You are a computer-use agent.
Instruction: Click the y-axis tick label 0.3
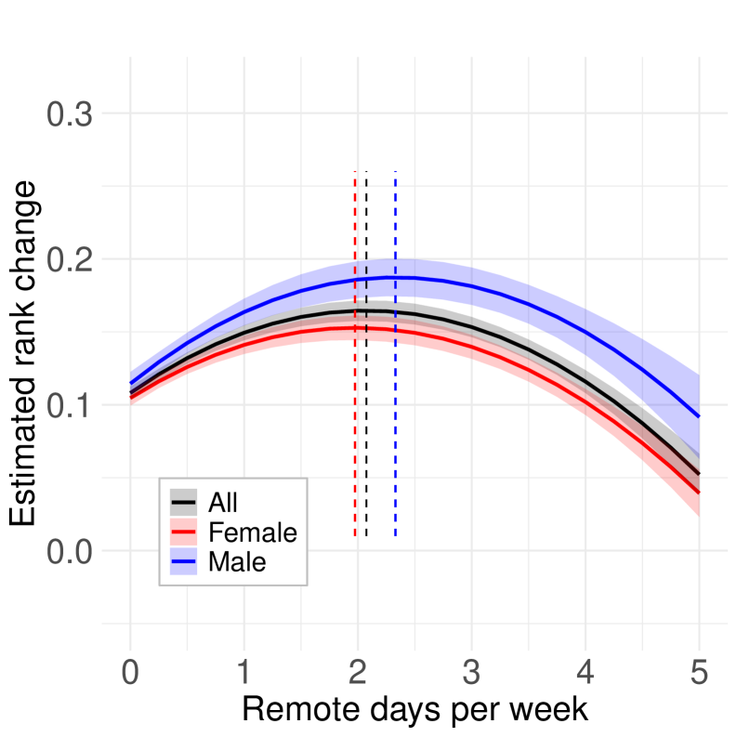pyautogui.click(x=70, y=115)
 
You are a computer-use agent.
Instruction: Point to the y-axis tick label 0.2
pyautogui.click(x=70, y=260)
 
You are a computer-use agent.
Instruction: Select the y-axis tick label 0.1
pyautogui.click(x=70, y=406)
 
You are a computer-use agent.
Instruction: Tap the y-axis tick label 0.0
pyautogui.click(x=70, y=551)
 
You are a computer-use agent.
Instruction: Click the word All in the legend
pyautogui.click(x=223, y=503)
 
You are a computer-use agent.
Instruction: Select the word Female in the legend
pyautogui.click(x=253, y=533)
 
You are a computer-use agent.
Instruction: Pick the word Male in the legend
pyautogui.click(x=237, y=562)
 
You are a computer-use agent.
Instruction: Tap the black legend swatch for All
pyautogui.click(x=183, y=503)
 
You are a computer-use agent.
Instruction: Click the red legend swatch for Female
pyautogui.click(x=183, y=533)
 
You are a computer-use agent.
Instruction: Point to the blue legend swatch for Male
pyautogui.click(x=183, y=562)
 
